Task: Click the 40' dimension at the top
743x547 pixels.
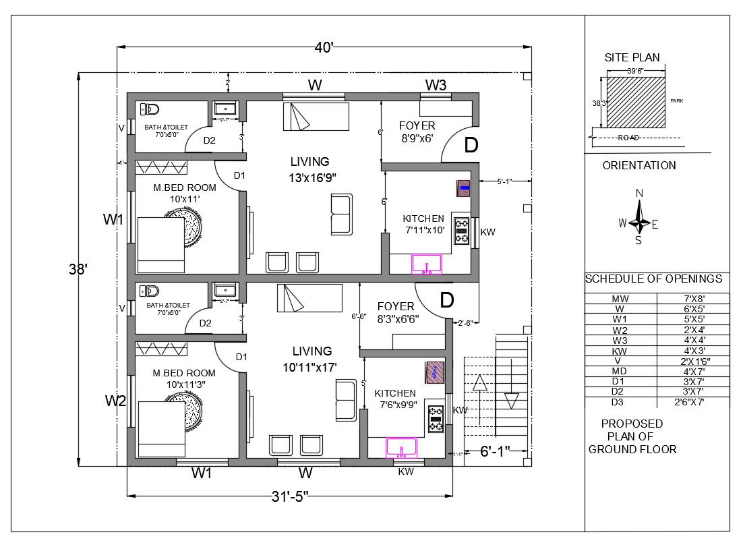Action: coord(324,48)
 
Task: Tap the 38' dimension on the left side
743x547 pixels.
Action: coord(78,269)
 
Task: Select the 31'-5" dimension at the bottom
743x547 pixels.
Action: coord(290,496)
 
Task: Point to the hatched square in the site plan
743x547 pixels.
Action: coord(636,102)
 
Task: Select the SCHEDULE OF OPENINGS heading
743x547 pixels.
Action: coord(653,279)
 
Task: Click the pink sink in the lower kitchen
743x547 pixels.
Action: coord(402,447)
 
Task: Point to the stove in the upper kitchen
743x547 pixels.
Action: coord(462,231)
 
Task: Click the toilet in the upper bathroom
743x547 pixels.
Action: coord(148,109)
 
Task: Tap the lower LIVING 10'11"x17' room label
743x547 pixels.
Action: coord(312,358)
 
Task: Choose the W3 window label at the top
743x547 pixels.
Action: coord(436,85)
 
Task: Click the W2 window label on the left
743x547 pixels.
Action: coord(115,401)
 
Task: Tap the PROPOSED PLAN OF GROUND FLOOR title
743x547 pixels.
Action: coord(632,436)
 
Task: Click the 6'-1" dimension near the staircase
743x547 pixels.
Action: coord(495,450)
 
